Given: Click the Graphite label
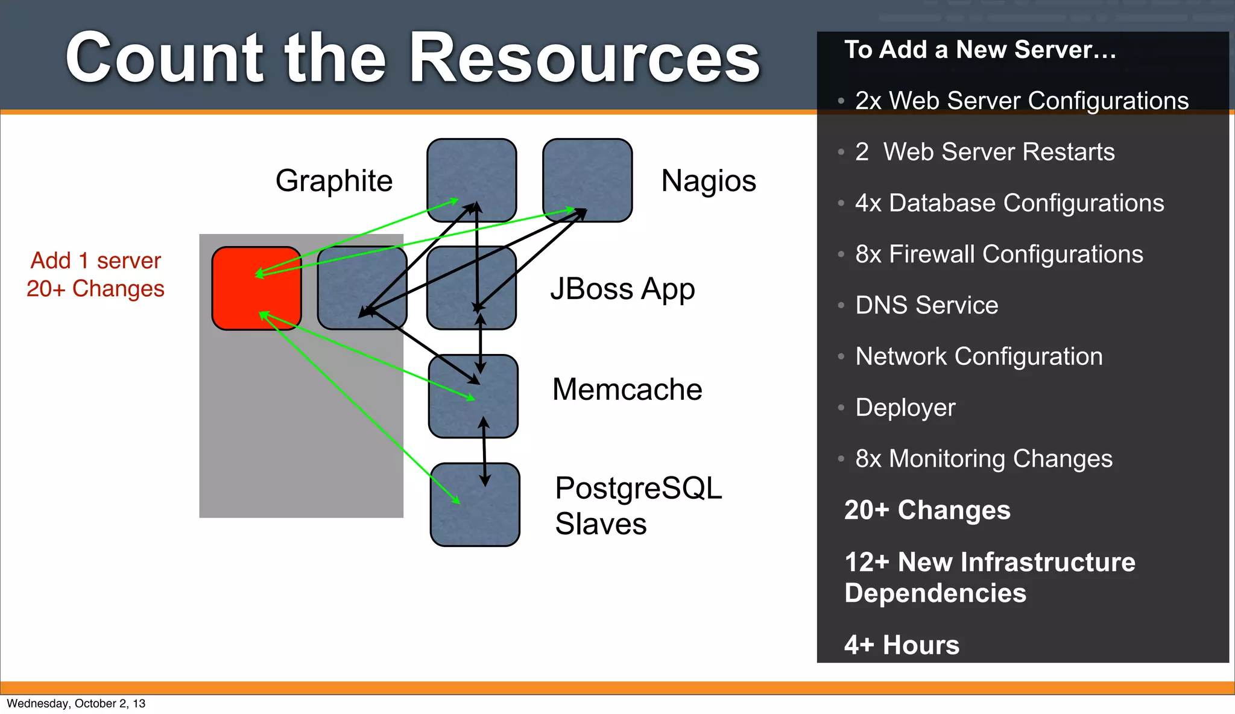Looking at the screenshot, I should click(333, 180).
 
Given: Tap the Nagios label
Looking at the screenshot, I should click(708, 180).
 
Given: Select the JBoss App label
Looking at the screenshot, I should click(622, 289).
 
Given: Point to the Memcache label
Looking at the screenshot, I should click(627, 390).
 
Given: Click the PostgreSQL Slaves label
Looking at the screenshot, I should click(637, 505).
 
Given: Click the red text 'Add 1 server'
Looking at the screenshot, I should click(96, 261).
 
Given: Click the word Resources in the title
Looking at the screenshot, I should click(584, 58).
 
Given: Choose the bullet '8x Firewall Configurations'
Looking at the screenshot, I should click(999, 254).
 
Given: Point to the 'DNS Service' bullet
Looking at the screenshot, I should click(926, 305).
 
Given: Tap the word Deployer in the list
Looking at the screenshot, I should click(905, 408).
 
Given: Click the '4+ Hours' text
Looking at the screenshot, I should click(902, 645).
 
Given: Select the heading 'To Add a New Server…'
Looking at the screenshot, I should click(980, 49).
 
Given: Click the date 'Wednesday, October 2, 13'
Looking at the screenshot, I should click(76, 704).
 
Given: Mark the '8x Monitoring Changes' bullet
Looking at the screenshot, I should click(984, 459).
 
